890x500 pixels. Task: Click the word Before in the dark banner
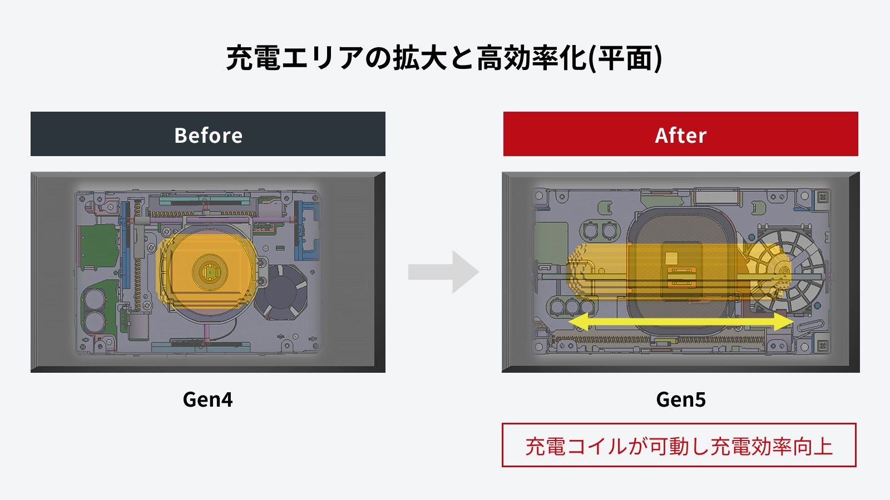[208, 135]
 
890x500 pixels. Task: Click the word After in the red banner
[680, 135]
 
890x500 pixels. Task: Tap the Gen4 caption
[207, 399]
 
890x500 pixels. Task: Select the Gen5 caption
[680, 399]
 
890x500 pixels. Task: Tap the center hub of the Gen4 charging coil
[210, 272]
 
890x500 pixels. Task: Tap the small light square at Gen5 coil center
[671, 258]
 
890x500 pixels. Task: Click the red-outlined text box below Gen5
[679, 446]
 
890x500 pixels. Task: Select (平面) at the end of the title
[626, 58]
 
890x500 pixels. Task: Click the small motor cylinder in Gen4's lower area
[139, 325]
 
